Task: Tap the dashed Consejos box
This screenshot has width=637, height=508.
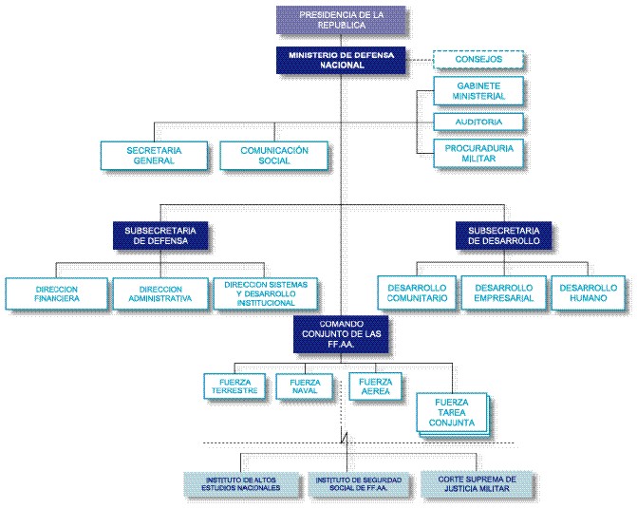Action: tap(479, 60)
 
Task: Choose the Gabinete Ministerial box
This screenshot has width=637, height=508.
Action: tap(478, 92)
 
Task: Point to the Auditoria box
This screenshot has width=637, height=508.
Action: tap(479, 122)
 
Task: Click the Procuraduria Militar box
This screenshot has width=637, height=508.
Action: tap(478, 154)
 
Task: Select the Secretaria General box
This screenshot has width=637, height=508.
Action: tap(153, 156)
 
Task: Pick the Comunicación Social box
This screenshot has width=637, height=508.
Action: tap(274, 156)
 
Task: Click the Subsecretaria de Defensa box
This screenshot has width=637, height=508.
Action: tap(159, 235)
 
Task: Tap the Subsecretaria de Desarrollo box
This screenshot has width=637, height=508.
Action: tap(503, 235)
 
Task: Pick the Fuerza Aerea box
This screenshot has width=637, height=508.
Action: tap(375, 386)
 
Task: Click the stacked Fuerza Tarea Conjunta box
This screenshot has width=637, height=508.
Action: tap(452, 414)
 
